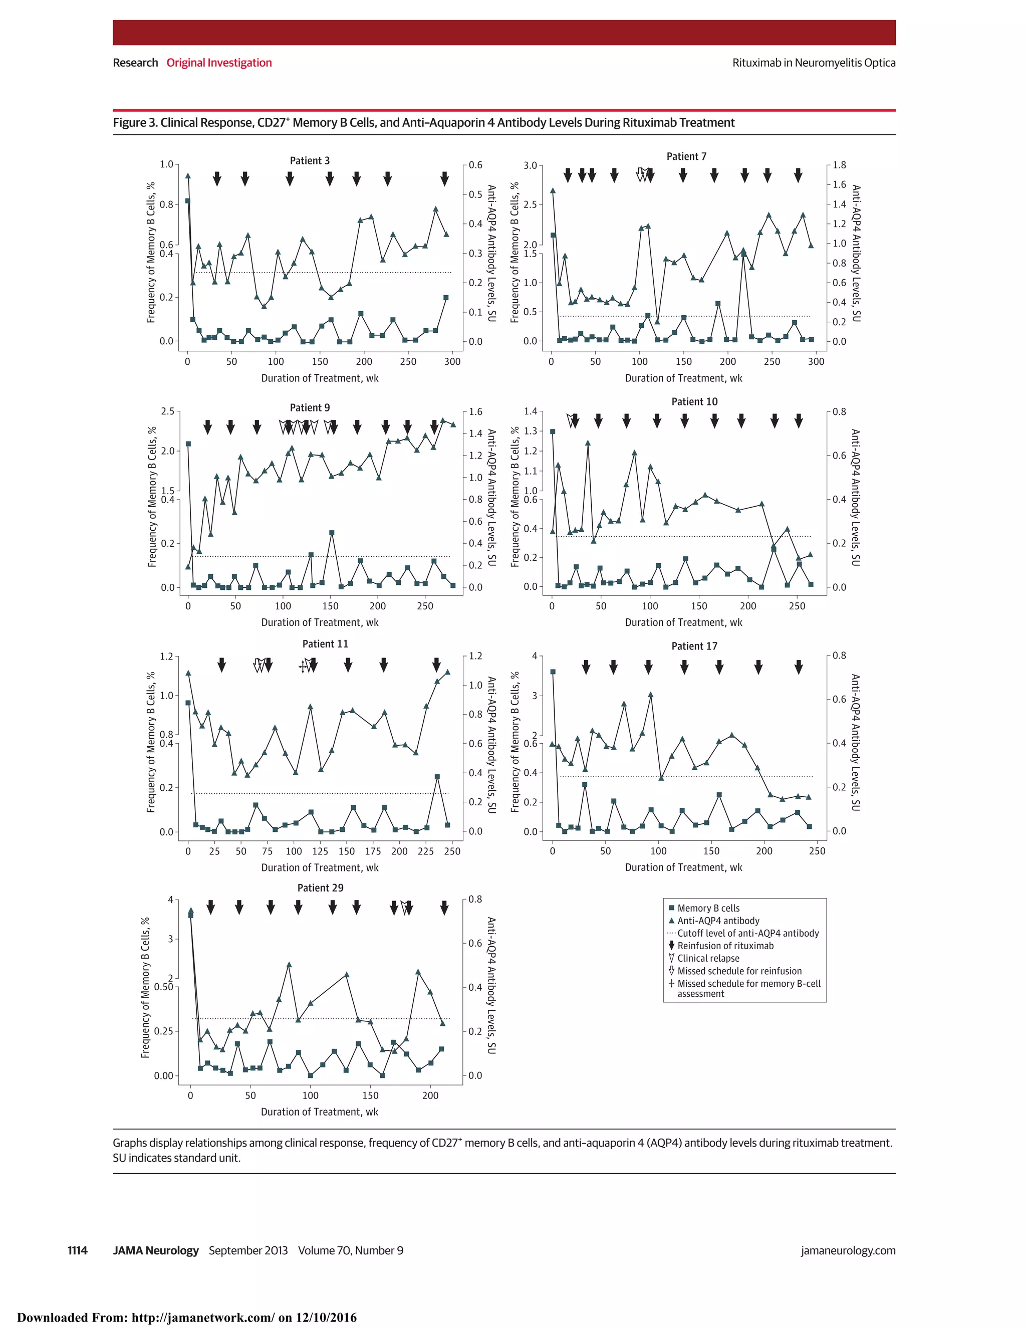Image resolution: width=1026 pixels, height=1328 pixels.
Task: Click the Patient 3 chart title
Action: [x=310, y=160]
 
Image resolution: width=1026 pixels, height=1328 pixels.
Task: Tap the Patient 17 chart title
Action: [x=694, y=646]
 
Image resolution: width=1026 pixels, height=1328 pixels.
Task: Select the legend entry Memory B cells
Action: [x=708, y=908]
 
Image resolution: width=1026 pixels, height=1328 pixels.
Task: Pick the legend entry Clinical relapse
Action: [x=708, y=958]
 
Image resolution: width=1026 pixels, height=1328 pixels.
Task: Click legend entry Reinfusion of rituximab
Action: [x=725, y=946]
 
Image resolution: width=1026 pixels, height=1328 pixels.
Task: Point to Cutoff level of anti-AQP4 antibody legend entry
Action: [x=747, y=933]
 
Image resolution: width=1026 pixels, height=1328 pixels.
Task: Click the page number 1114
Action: [x=77, y=1250]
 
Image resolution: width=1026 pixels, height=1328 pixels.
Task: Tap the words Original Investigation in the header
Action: [x=219, y=63]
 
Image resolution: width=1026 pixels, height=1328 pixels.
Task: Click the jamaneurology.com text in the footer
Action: [x=848, y=1250]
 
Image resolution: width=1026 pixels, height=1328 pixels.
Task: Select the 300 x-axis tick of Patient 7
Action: [x=816, y=361]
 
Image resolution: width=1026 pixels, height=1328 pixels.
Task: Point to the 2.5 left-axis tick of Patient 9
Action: [x=167, y=411]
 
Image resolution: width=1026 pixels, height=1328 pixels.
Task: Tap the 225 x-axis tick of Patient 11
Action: [x=425, y=851]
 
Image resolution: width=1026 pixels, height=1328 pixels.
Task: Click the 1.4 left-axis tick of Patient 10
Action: [x=531, y=411]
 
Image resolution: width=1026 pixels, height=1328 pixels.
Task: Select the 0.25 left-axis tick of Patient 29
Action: [x=163, y=1031]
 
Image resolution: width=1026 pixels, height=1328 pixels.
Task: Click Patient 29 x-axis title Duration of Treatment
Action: [x=319, y=1112]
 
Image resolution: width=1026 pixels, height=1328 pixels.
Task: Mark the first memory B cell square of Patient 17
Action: [x=553, y=672]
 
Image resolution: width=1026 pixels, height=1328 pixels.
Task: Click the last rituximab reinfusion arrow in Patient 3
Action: [x=444, y=178]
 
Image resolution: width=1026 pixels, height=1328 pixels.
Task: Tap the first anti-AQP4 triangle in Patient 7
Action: [x=553, y=190]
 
